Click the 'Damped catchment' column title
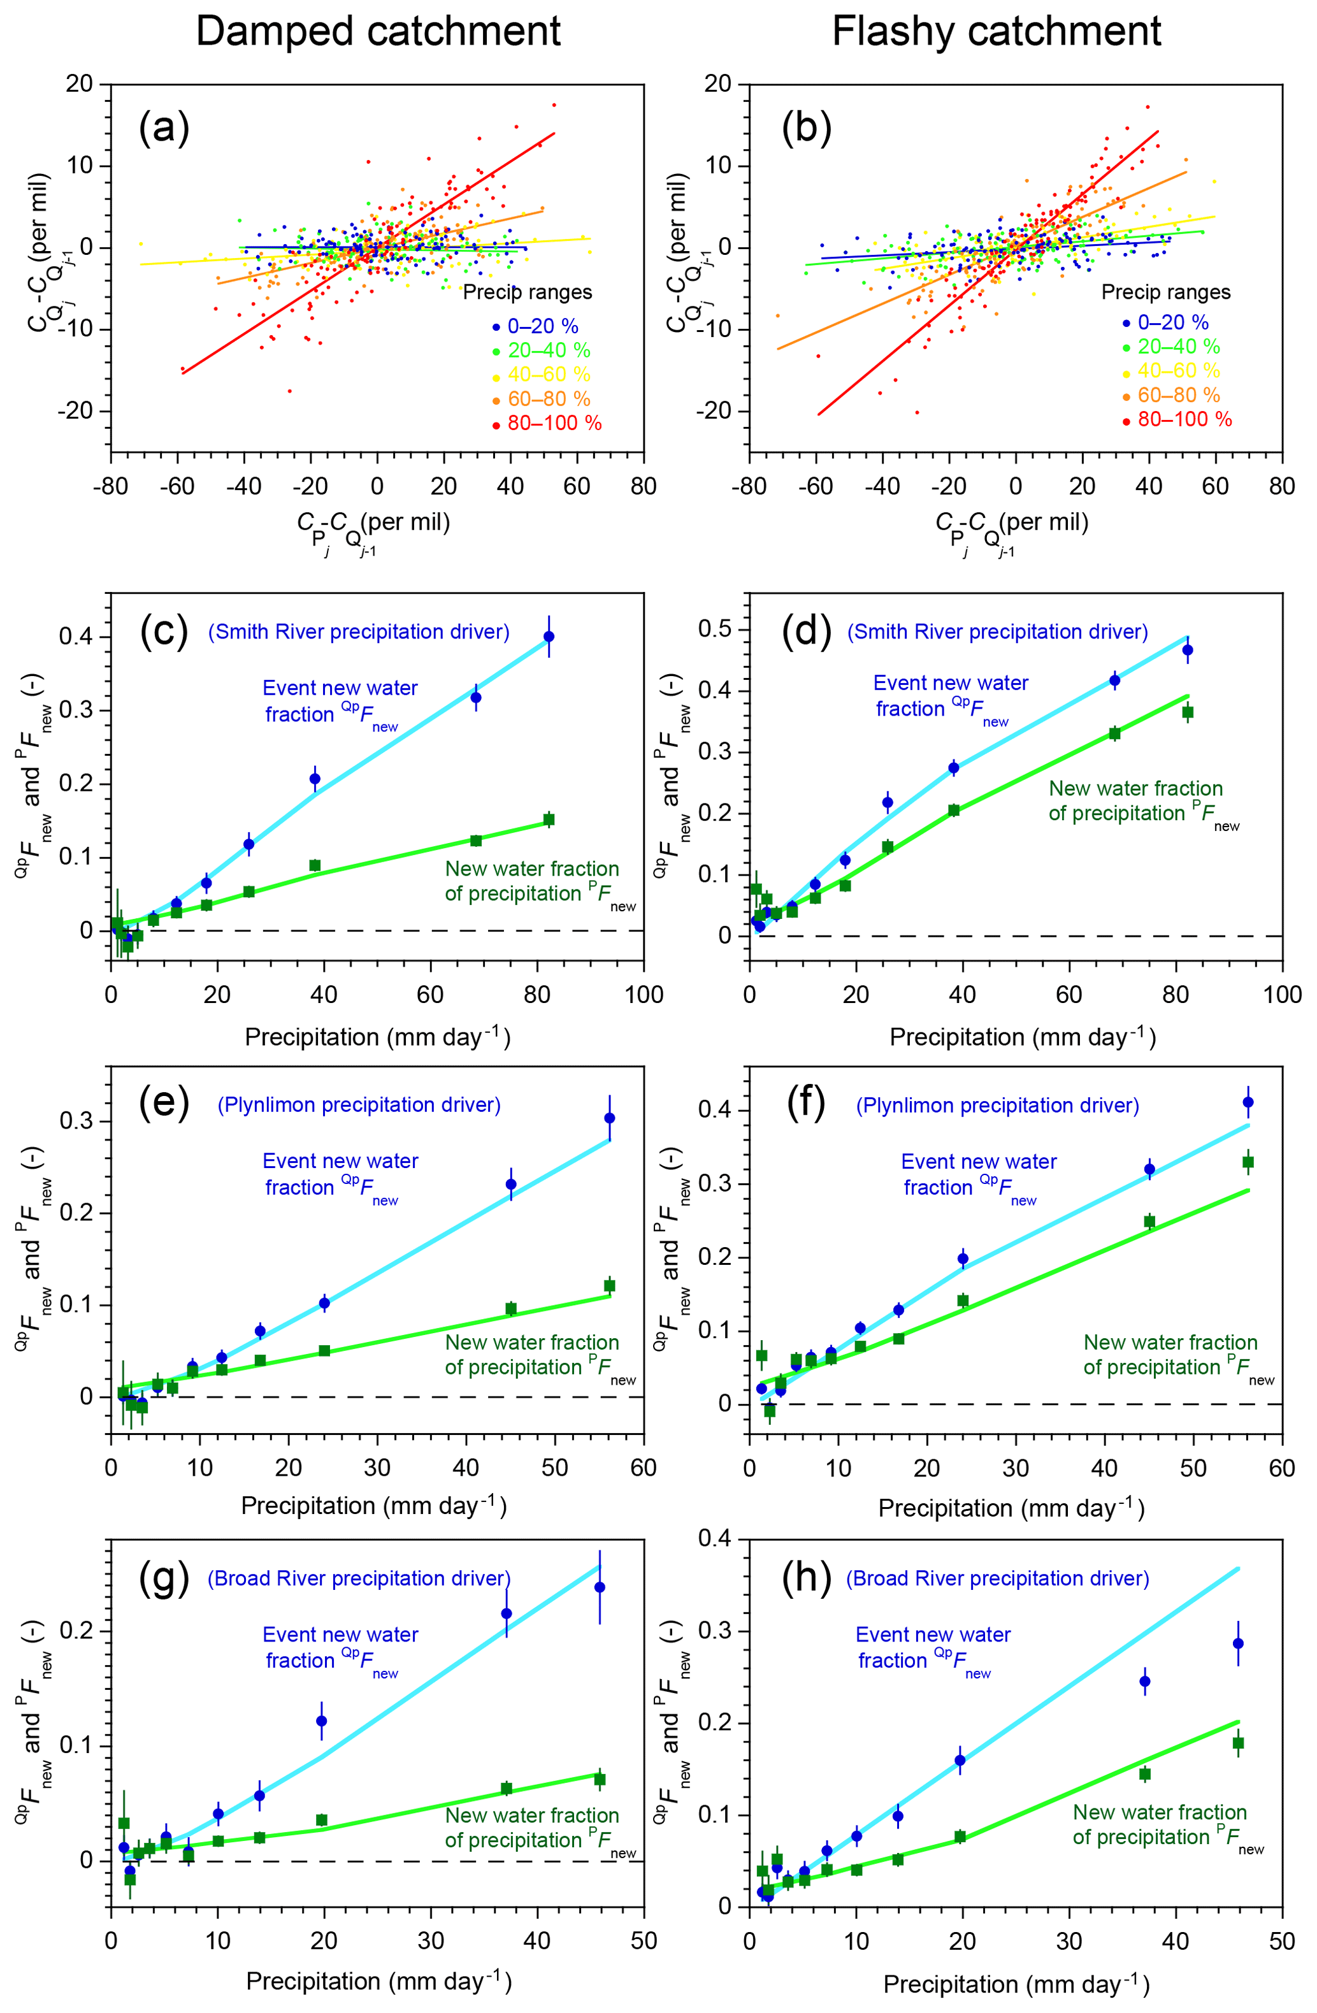pyautogui.click(x=378, y=32)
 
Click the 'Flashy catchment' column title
pyautogui.click(x=996, y=32)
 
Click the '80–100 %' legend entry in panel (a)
pyautogui.click(x=554, y=423)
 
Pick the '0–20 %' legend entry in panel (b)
pyautogui.click(x=1172, y=322)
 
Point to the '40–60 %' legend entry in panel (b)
pyautogui.click(x=1178, y=370)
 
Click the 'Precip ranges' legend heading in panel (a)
pyautogui.click(x=527, y=292)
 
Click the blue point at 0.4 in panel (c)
pyautogui.click(x=549, y=636)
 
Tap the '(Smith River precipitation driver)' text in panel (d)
pyautogui.click(x=997, y=632)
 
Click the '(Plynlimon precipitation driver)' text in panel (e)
pyautogui.click(x=359, y=1104)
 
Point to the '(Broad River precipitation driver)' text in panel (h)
pyautogui.click(x=997, y=1578)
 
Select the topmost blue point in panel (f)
pyautogui.click(x=1248, y=1102)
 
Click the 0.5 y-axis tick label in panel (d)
pyautogui.click(x=716, y=630)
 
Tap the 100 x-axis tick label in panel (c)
pyautogui.click(x=644, y=995)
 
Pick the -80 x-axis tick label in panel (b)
pyautogui.click(x=748, y=486)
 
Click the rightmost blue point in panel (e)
pyautogui.click(x=609, y=1118)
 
